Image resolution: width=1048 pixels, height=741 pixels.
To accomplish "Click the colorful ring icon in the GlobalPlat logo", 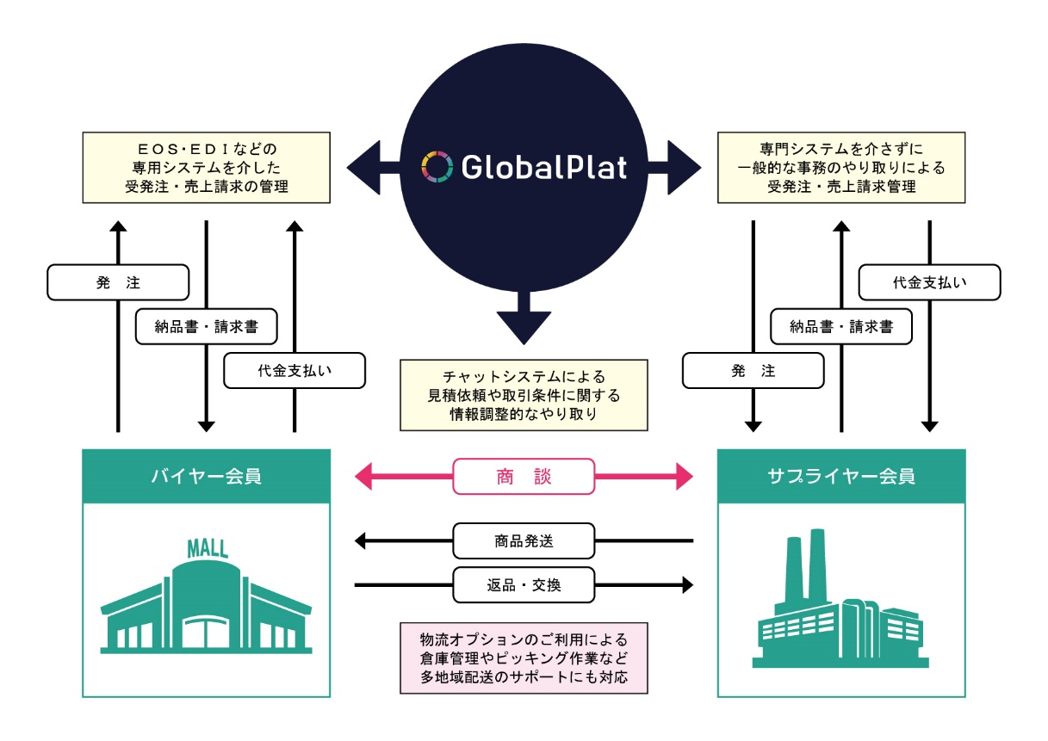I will [437, 167].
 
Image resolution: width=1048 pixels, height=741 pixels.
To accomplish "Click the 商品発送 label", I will [524, 541].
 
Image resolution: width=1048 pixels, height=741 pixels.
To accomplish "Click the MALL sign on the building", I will [208, 548].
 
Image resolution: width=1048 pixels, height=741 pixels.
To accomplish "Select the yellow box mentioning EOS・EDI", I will [206, 167].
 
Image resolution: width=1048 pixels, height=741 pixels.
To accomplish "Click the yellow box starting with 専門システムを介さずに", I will [840, 167].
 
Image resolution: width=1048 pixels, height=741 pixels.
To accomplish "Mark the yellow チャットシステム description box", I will [524, 395].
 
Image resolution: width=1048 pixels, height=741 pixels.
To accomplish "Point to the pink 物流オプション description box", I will [524, 658].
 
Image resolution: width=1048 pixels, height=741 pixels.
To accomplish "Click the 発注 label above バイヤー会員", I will [118, 282].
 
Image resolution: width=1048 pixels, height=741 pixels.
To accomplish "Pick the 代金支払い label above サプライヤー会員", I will [930, 282].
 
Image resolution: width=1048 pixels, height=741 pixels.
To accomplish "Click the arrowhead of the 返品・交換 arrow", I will [686, 585].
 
